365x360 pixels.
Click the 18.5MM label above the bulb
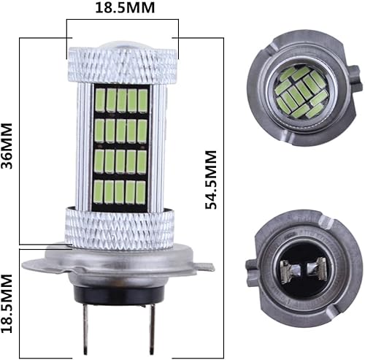122,11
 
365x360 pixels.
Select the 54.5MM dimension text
212,180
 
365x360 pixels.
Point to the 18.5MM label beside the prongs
9,304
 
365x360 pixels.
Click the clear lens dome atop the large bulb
122,45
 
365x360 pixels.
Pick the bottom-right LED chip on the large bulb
142,194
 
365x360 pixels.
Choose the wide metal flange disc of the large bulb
122,257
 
